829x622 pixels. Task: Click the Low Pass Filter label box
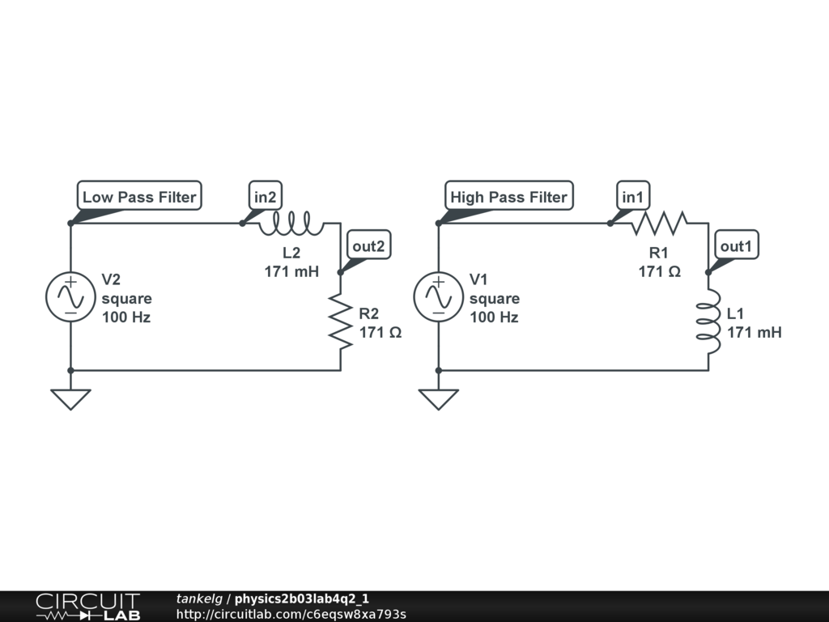point(139,196)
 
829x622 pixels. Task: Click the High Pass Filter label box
point(508,196)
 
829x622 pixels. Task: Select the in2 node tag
point(266,196)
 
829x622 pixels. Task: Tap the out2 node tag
point(368,245)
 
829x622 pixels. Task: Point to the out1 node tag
point(737,245)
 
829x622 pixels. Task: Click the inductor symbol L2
point(291,224)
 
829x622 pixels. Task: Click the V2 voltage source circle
point(70,297)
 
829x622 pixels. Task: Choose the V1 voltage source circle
point(438,297)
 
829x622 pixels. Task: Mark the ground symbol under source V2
point(70,398)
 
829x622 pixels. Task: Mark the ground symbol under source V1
point(438,398)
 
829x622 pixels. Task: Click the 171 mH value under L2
point(291,271)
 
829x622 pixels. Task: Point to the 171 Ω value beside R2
point(380,332)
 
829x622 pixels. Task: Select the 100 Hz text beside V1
point(494,317)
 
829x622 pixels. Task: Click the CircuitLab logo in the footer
point(87,606)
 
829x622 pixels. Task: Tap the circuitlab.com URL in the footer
point(291,614)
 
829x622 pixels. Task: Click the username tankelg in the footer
point(199,599)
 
